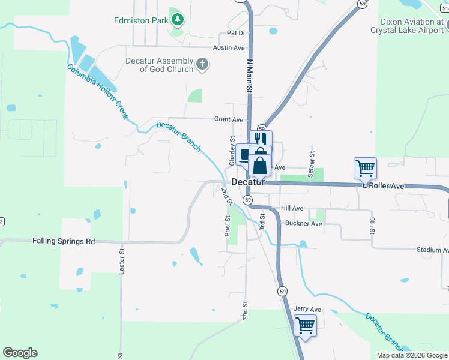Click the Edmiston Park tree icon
(x=177, y=20)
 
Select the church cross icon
(x=203, y=64)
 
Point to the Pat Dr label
(x=236, y=33)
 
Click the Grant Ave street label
(x=229, y=119)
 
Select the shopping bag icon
(x=260, y=165)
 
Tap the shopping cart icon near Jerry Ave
(x=306, y=326)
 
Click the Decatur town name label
(x=248, y=182)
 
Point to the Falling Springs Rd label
(x=64, y=241)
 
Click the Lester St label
(x=122, y=262)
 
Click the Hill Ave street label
(x=292, y=208)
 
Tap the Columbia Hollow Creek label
(x=98, y=91)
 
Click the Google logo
(x=20, y=353)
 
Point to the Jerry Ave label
(x=308, y=310)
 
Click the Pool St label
(x=228, y=226)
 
